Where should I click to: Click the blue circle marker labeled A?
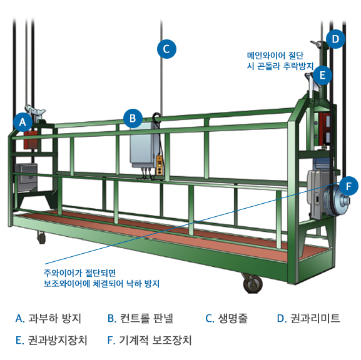tap(23, 122)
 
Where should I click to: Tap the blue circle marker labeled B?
tap(133, 118)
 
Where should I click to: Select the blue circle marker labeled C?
tap(166, 49)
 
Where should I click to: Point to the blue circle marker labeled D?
tap(336, 39)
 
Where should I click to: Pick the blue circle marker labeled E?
tap(323, 75)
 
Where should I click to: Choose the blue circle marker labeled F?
tap(348, 186)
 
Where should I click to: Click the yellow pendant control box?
tap(160, 165)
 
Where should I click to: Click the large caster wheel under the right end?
tap(253, 284)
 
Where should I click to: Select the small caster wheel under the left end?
tap(41, 237)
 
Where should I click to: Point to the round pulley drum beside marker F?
tap(337, 201)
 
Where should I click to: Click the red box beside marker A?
tap(31, 140)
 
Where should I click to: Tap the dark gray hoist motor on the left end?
tap(26, 177)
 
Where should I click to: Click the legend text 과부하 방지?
tap(54, 319)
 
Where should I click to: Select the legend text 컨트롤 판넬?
tap(146, 319)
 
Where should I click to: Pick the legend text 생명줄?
tap(233, 319)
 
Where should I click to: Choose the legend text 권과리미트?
tap(315, 319)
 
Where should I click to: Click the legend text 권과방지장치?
tap(58, 341)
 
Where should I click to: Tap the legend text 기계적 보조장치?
tap(155, 341)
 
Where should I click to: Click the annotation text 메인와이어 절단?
tap(275, 56)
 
